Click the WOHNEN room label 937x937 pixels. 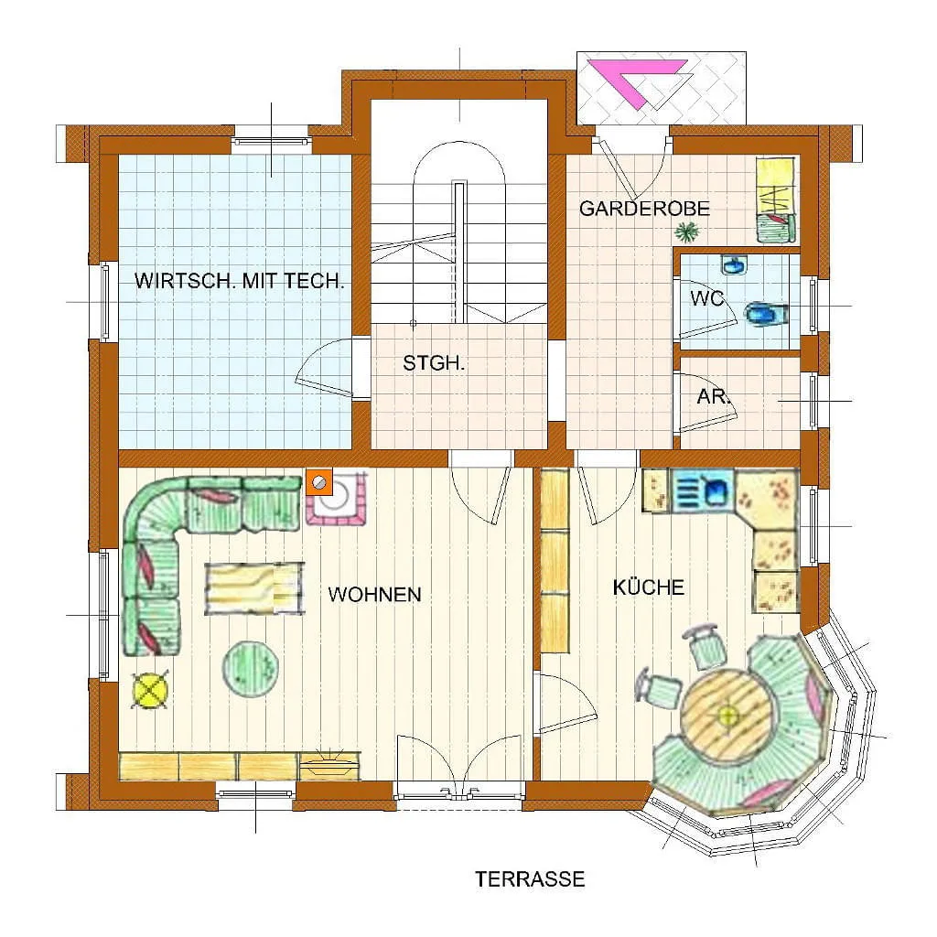(374, 594)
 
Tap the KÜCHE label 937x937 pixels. (649, 587)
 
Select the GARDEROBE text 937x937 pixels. (644, 209)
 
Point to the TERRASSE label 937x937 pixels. (530, 879)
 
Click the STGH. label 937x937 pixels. (434, 362)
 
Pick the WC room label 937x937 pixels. (707, 298)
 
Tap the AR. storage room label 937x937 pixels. (714, 395)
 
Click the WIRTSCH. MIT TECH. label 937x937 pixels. (239, 281)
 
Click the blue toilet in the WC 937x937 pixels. (767, 315)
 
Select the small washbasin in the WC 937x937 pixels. (733, 264)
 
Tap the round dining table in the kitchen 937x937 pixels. (727, 714)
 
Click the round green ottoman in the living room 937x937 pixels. (251, 668)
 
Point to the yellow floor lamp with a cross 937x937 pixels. (149, 690)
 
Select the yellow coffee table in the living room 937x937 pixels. (253, 588)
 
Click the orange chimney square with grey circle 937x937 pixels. (319, 482)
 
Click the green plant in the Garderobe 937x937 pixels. (687, 232)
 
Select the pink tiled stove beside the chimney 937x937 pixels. (339, 499)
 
